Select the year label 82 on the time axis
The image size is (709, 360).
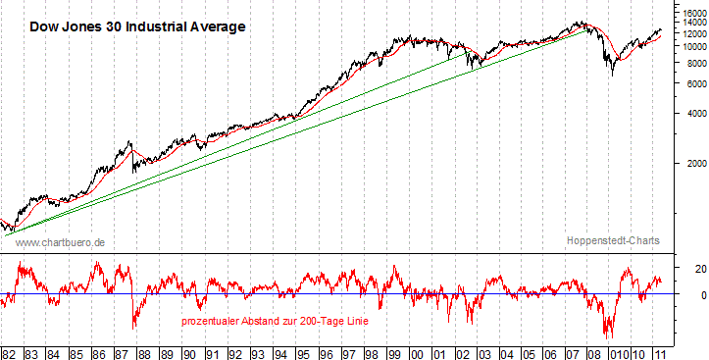(x=10, y=352)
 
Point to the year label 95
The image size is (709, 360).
(x=304, y=352)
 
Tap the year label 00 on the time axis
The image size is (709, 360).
(x=417, y=352)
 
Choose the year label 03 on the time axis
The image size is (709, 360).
(x=484, y=352)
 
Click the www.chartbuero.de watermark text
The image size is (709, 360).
(x=61, y=241)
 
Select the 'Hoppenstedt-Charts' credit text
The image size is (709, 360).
(x=613, y=241)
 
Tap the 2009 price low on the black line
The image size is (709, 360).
(x=613, y=75)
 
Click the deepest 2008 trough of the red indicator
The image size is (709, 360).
(x=608, y=336)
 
